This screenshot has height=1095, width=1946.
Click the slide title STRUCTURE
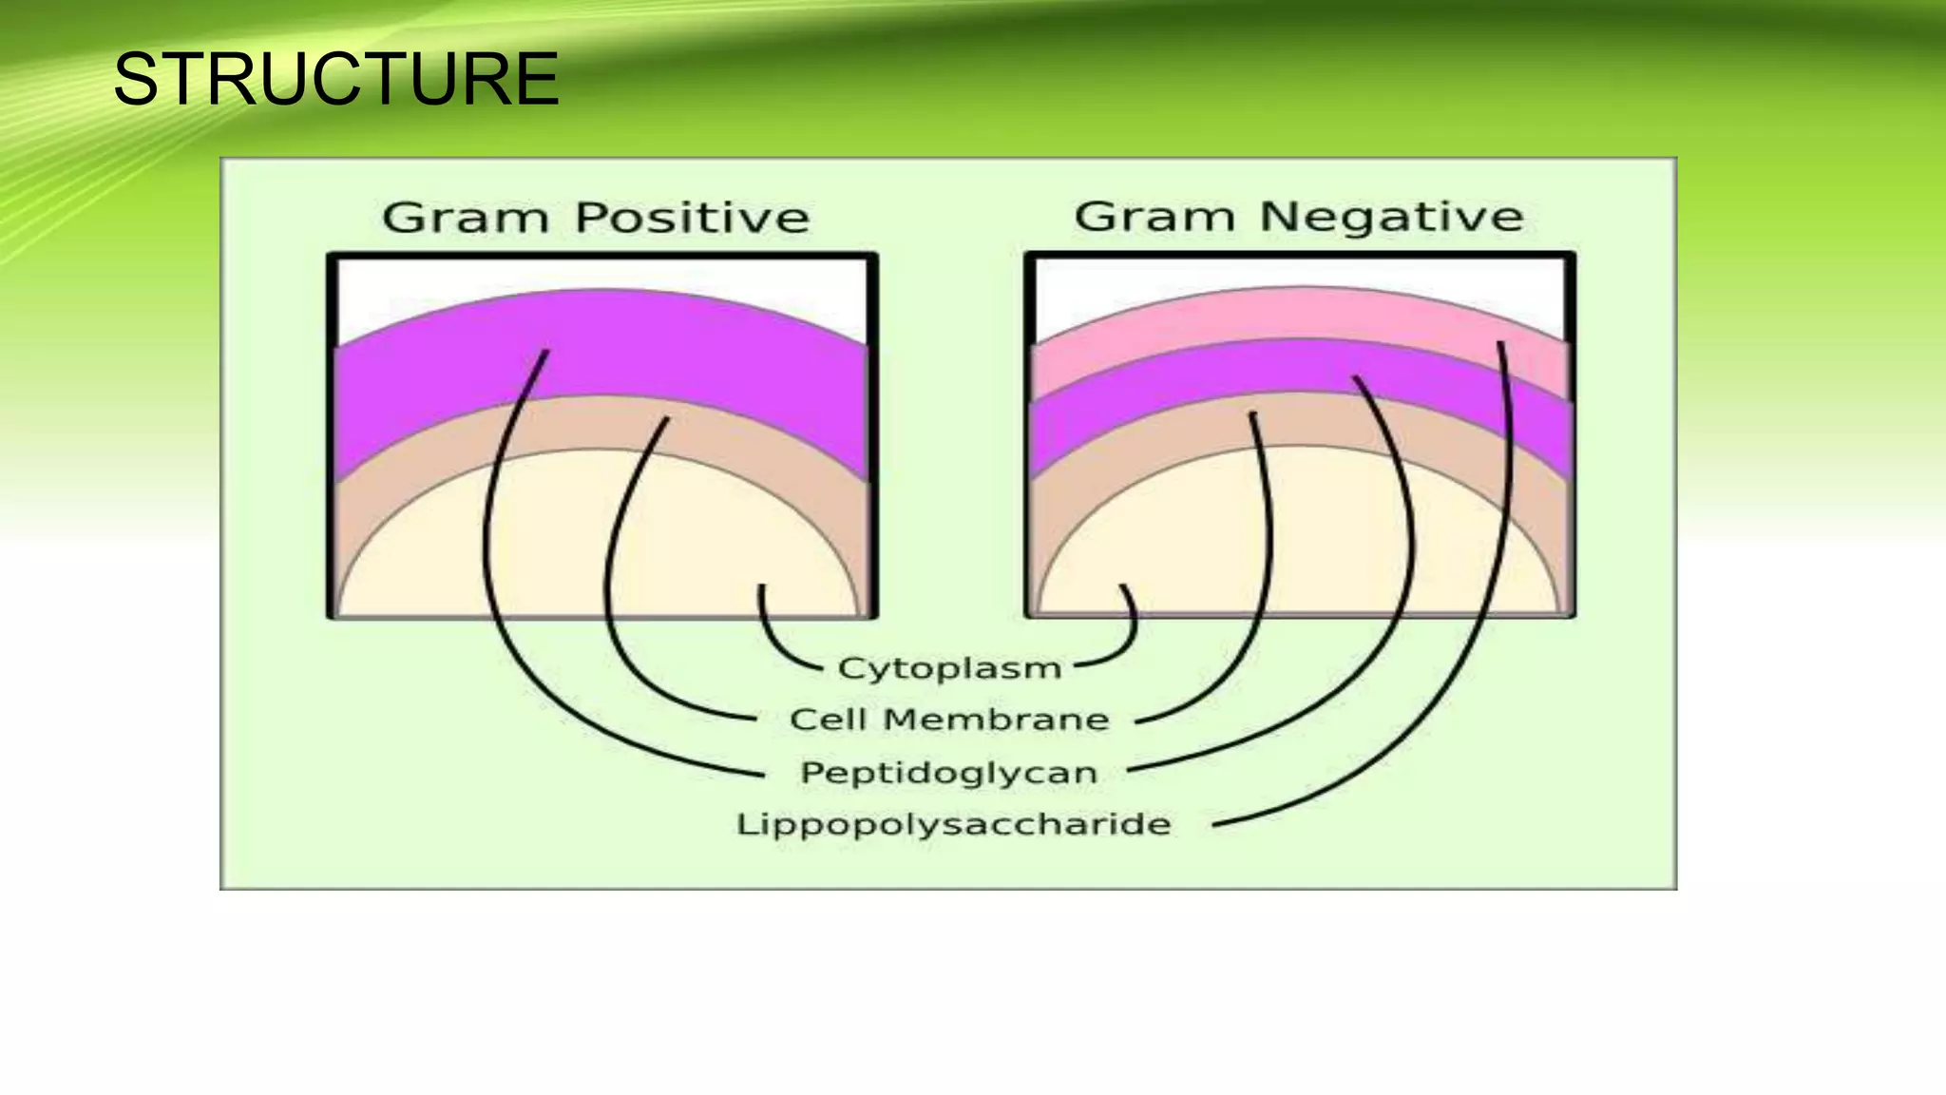click(335, 79)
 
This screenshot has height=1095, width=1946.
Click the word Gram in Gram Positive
click(466, 218)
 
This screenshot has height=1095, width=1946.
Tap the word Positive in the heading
click(692, 218)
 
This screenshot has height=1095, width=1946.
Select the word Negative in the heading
click(1391, 217)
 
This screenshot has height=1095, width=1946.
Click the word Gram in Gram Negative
click(1154, 217)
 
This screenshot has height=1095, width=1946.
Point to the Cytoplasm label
click(949, 668)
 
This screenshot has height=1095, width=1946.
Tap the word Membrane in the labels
click(996, 720)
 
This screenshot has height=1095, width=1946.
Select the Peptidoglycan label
click(949, 772)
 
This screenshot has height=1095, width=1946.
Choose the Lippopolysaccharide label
click(953, 823)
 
